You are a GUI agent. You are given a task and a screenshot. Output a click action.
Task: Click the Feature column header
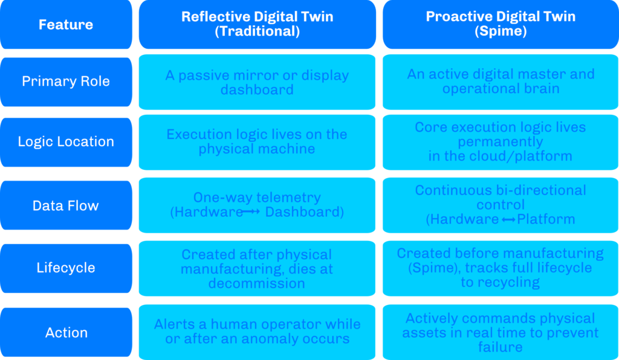66,24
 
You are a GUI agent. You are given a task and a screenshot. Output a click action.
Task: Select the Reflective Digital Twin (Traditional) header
257,24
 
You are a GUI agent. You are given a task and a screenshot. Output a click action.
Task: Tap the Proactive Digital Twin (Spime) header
501,24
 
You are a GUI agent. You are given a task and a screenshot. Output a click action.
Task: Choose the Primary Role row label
66,82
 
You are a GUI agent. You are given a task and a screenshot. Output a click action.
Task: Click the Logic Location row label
66,142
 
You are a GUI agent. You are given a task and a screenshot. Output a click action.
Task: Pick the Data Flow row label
66,205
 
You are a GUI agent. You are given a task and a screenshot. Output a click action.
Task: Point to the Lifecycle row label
66,268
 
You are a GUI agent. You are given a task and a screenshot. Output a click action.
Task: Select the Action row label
66,332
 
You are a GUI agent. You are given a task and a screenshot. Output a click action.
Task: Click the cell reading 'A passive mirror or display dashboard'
257,82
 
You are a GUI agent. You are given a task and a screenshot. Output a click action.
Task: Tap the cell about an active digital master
501,82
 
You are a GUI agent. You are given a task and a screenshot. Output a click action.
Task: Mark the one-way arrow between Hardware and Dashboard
251,212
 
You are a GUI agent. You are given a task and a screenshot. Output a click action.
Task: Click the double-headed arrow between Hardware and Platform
508,220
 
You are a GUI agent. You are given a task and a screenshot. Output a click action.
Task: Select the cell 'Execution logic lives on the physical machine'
257,143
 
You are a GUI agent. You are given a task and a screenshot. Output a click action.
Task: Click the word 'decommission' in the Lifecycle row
256,283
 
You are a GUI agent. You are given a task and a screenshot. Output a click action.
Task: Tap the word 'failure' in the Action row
500,347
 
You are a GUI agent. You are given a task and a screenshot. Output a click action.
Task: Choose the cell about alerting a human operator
257,332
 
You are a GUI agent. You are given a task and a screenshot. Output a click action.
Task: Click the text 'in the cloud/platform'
500,156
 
